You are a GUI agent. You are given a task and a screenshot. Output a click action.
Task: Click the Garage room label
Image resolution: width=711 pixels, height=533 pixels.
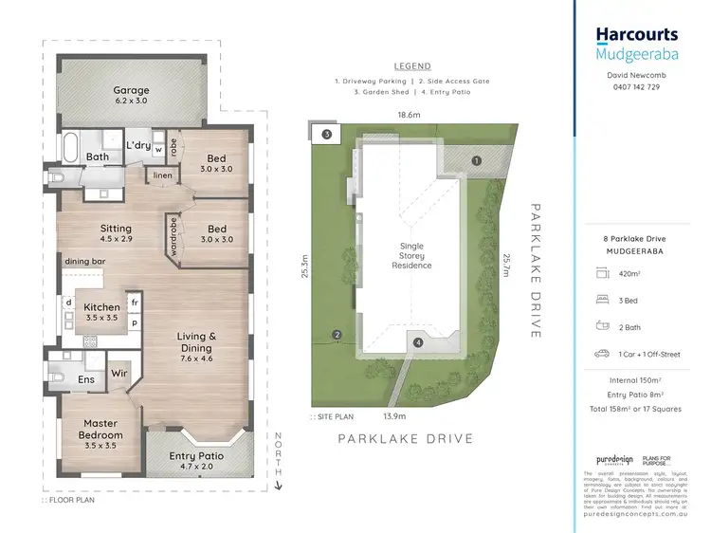pyautogui.click(x=132, y=96)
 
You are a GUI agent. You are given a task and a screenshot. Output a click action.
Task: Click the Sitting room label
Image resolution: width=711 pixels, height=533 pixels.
pyautogui.click(x=116, y=234)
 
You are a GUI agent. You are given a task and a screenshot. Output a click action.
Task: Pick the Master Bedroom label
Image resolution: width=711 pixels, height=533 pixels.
pyautogui.click(x=100, y=429)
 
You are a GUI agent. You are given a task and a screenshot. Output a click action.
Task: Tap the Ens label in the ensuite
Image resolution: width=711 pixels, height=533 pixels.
pyautogui.click(x=84, y=380)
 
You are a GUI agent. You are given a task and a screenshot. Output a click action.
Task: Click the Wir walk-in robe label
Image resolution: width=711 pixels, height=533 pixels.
pyautogui.click(x=120, y=375)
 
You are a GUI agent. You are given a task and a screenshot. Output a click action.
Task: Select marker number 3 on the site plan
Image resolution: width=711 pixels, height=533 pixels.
pyautogui.click(x=326, y=135)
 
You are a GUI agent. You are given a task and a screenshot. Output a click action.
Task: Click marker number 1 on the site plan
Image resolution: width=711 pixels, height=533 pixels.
pyautogui.click(x=477, y=161)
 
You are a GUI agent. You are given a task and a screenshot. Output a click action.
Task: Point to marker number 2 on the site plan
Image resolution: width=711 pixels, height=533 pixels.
pyautogui.click(x=337, y=334)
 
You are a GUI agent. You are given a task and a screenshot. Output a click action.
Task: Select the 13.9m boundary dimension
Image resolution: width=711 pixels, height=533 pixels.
pyautogui.click(x=394, y=416)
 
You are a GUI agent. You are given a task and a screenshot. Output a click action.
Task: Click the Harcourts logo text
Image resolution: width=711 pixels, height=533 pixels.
pyautogui.click(x=636, y=35)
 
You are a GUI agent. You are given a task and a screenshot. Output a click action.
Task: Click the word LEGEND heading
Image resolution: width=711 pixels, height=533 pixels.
pyautogui.click(x=412, y=66)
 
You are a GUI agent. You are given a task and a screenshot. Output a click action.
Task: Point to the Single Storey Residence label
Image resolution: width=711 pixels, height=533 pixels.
pyautogui.click(x=413, y=255)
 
